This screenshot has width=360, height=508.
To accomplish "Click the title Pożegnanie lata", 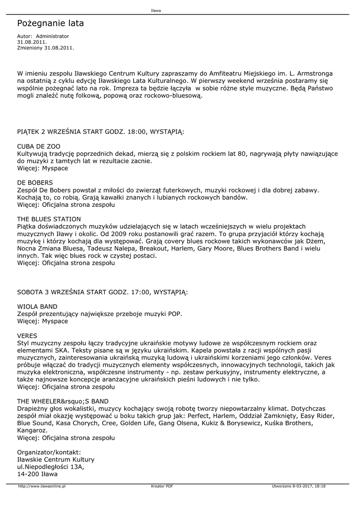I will point(50,23).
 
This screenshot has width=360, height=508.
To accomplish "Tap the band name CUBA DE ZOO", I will point(38,147).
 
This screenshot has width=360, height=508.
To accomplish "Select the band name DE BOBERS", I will point(35,183).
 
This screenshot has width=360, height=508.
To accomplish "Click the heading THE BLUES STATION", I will point(49,219).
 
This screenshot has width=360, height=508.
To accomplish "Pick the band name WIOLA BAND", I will point(37,307).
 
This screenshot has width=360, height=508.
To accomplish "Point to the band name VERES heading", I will point(27,335).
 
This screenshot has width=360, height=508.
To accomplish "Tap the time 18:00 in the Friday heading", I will point(137,132).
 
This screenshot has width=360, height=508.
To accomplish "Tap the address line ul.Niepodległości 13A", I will point(51,467).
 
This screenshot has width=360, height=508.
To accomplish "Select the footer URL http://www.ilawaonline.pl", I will point(42,486).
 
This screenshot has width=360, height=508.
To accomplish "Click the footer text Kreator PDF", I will point(162,486).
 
